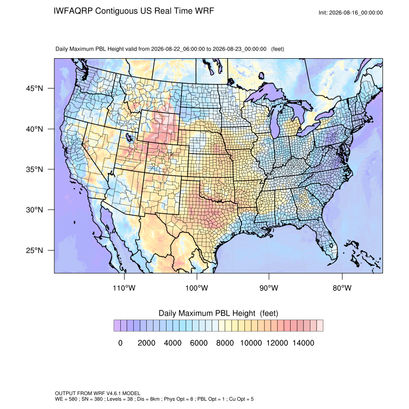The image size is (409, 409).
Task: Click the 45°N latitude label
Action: (35, 89)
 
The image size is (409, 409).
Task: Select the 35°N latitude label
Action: (35, 169)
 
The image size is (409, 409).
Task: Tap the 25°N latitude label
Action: (35, 250)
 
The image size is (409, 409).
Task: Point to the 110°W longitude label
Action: (124, 288)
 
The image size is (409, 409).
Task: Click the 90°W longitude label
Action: (268, 288)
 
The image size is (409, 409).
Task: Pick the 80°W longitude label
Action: (342, 288)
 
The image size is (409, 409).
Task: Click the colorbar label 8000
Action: (225, 343)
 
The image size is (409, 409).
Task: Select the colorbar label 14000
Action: (303, 343)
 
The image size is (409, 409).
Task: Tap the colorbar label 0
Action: (120, 343)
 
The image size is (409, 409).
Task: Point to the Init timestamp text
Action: (351, 13)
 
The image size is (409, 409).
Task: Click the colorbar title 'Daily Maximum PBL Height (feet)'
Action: (218, 313)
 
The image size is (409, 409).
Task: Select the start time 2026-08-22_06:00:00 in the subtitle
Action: (178, 49)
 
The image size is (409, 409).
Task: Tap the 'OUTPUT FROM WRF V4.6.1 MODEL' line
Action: (98, 393)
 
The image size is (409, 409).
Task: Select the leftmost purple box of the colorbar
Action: (117, 326)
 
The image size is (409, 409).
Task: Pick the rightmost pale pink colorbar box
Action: (320, 326)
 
